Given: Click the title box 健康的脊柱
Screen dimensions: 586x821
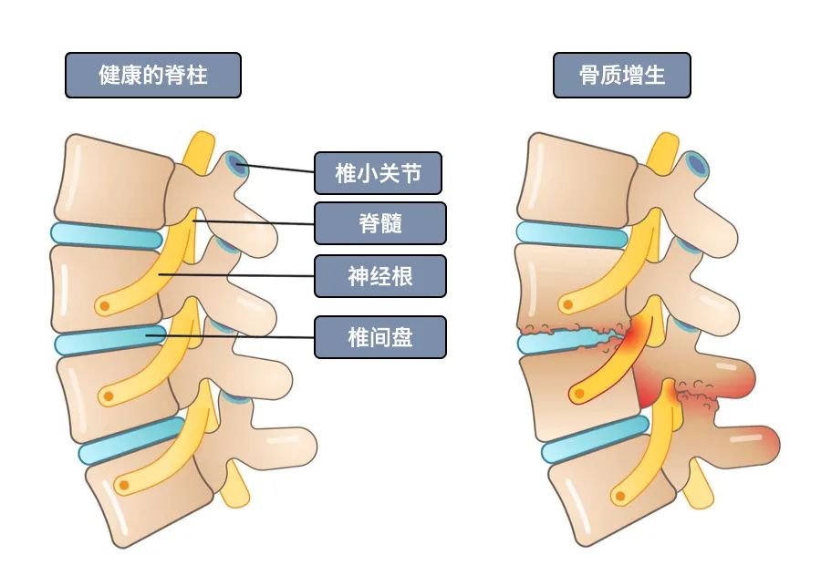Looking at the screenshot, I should coord(152,75).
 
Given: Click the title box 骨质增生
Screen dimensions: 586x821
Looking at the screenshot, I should coord(621,75).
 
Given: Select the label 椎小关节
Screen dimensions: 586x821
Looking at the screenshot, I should coord(378,173).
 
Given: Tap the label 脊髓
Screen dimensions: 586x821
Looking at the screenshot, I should coord(379,223).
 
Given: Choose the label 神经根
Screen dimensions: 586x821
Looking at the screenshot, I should coord(379,275).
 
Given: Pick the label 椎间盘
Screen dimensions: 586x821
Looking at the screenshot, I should coord(379,337).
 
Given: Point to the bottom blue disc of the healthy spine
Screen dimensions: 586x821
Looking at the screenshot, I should coord(128,442).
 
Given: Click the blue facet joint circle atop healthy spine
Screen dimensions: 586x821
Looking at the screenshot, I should coord(238,165).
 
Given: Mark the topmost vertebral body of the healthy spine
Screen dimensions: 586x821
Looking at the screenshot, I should coord(109,179).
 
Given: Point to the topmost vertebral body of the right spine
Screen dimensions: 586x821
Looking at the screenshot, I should coord(570,179).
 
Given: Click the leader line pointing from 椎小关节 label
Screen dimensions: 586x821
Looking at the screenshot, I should coord(278,169).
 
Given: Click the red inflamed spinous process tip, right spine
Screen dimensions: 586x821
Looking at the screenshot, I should coord(762,445).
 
